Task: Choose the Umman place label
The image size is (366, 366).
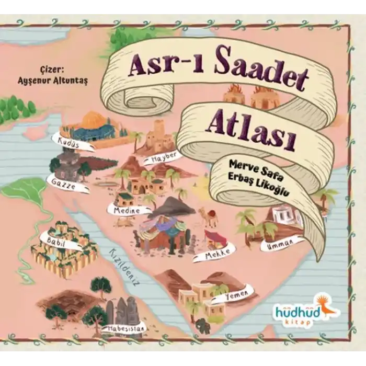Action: click(282, 243)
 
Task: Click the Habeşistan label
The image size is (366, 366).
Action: click(125, 328)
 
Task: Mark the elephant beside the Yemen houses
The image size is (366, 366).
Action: click(203, 325)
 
